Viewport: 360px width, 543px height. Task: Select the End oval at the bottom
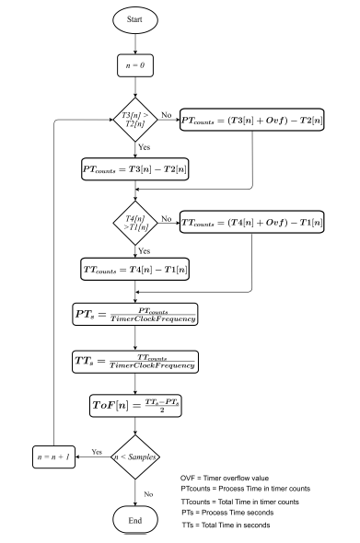point(135,522)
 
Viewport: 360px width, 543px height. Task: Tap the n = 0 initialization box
point(135,67)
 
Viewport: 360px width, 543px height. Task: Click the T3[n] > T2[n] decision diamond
point(135,119)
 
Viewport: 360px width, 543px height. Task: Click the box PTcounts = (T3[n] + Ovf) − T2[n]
point(261,119)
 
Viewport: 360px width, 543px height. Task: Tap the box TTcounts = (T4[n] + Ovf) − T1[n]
point(261,223)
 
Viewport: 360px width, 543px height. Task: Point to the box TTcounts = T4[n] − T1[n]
point(135,273)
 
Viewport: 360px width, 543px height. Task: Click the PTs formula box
point(135,313)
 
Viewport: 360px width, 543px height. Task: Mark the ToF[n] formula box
point(135,404)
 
